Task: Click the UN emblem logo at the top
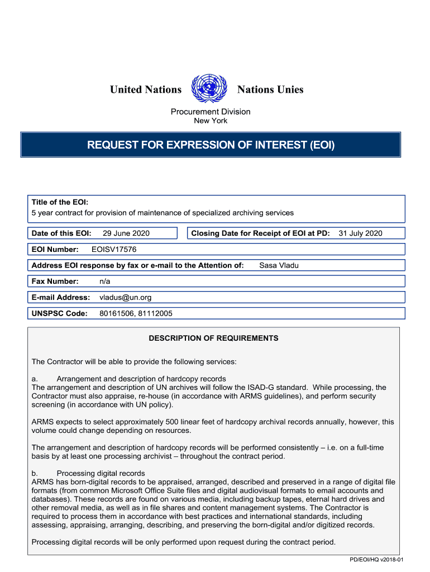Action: pos(209,89)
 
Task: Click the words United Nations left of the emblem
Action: pos(146,89)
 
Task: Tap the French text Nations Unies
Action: pos(270,89)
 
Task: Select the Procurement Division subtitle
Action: pos(211,112)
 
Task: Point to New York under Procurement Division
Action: pos(211,121)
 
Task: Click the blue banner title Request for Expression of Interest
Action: pos(211,145)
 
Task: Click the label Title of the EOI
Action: pos(60,202)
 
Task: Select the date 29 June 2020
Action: pos(126,233)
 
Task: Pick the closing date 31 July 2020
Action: pos(360,233)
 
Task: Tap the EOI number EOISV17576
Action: pos(114,250)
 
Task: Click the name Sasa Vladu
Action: pos(279,265)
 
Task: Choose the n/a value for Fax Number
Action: pos(104,282)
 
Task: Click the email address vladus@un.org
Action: pos(125,298)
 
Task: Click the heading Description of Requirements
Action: pos(213,339)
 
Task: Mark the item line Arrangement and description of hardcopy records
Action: pos(141,379)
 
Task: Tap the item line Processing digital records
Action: pos(101,474)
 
